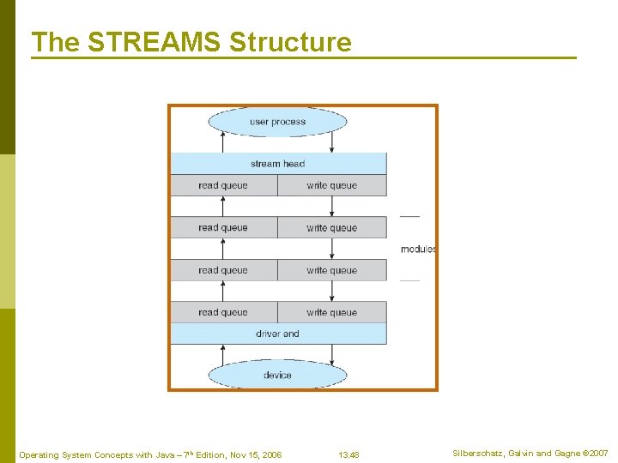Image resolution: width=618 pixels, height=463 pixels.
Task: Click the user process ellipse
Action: [277, 122]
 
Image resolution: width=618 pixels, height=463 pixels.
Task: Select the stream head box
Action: [277, 164]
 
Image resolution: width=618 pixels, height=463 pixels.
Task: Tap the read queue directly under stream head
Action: [223, 185]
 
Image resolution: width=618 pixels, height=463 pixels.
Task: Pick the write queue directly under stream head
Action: [331, 185]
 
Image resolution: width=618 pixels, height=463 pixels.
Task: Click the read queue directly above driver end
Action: [223, 312]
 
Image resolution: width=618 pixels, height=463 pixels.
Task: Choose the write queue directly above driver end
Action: [331, 312]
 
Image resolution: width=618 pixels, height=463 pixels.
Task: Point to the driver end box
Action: [277, 334]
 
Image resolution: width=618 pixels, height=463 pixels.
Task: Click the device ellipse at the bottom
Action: [277, 375]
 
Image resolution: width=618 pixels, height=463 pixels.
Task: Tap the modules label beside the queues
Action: [418, 250]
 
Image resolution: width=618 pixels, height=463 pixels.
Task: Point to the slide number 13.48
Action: [348, 454]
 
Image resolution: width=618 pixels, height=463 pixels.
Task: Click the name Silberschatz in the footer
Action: [477, 454]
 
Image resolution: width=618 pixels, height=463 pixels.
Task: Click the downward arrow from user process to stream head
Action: [331, 142]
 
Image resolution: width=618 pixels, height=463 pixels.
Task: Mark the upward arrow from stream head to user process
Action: [223, 142]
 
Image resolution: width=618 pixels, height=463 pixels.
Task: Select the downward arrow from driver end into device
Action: [331, 354]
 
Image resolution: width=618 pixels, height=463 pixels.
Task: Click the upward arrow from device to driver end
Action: [223, 354]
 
